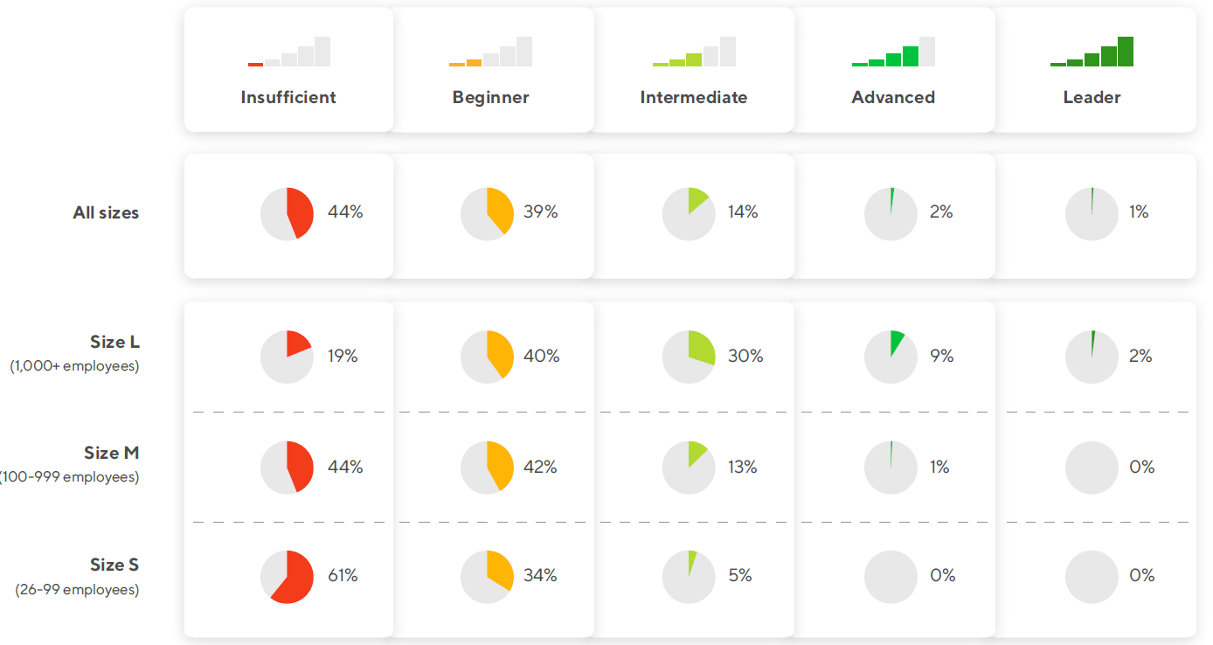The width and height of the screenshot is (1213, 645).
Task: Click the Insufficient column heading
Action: click(x=288, y=97)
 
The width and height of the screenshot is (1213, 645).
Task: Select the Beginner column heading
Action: click(x=490, y=97)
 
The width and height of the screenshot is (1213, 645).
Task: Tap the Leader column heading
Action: click(x=1092, y=97)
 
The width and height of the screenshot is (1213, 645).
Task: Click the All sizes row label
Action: click(x=106, y=212)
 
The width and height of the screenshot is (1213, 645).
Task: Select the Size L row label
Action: click(x=114, y=342)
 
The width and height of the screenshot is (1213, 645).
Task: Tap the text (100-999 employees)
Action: click(x=70, y=477)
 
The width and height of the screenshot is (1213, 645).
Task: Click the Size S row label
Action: click(x=114, y=565)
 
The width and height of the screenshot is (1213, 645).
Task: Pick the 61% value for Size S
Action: click(x=343, y=575)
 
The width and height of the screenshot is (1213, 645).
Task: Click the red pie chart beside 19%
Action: click(x=287, y=357)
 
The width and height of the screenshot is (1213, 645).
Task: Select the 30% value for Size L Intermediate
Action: click(x=745, y=356)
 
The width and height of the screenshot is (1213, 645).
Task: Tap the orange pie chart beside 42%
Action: click(x=488, y=468)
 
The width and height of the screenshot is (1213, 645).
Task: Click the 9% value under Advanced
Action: click(x=941, y=356)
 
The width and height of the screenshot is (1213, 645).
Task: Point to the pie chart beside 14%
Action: click(x=689, y=213)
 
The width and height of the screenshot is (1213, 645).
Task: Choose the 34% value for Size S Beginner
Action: click(x=540, y=575)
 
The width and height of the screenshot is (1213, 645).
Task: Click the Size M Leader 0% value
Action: click(x=1141, y=467)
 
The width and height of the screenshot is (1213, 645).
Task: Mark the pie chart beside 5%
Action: click(x=689, y=577)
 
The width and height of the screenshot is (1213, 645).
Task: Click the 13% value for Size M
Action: click(x=742, y=467)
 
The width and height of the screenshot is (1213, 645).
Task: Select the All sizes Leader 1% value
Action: click(x=1138, y=212)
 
